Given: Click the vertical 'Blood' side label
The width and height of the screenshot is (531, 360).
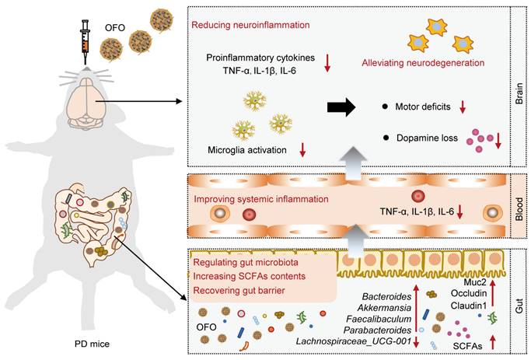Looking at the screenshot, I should click(x=519, y=208).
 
